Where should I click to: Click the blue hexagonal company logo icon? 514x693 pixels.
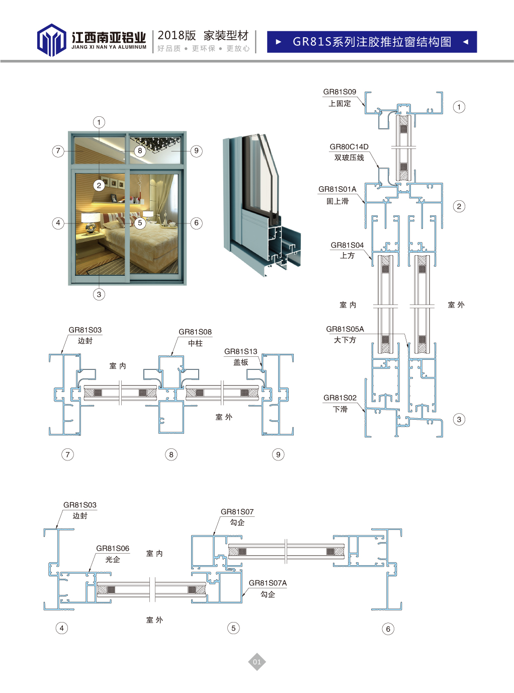[x=51, y=40]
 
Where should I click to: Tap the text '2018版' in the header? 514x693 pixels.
[x=177, y=36]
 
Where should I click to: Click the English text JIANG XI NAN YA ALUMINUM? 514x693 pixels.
[x=109, y=47]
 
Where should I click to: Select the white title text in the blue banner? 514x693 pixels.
[x=372, y=42]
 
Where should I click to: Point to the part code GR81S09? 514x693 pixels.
[x=339, y=92]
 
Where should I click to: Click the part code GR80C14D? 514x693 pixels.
[x=349, y=147]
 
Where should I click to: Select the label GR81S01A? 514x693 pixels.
[x=337, y=189]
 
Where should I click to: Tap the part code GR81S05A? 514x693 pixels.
[x=345, y=329]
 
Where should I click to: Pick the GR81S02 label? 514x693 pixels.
[x=340, y=398]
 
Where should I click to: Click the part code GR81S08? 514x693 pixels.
[x=195, y=332]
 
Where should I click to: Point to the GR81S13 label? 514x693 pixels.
[x=241, y=351]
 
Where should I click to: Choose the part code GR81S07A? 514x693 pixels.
[x=268, y=583]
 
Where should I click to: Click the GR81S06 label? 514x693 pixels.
[x=113, y=549]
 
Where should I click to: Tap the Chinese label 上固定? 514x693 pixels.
[x=339, y=103]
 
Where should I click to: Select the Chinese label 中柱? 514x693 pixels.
[x=196, y=343]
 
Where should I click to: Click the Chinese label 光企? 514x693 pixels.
[x=113, y=560]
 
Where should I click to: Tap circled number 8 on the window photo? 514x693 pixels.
[x=140, y=151]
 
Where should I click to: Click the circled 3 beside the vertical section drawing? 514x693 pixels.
[x=459, y=420]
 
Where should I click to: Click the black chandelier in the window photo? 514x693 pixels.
[x=155, y=144]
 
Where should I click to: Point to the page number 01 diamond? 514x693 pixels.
[x=257, y=662]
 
